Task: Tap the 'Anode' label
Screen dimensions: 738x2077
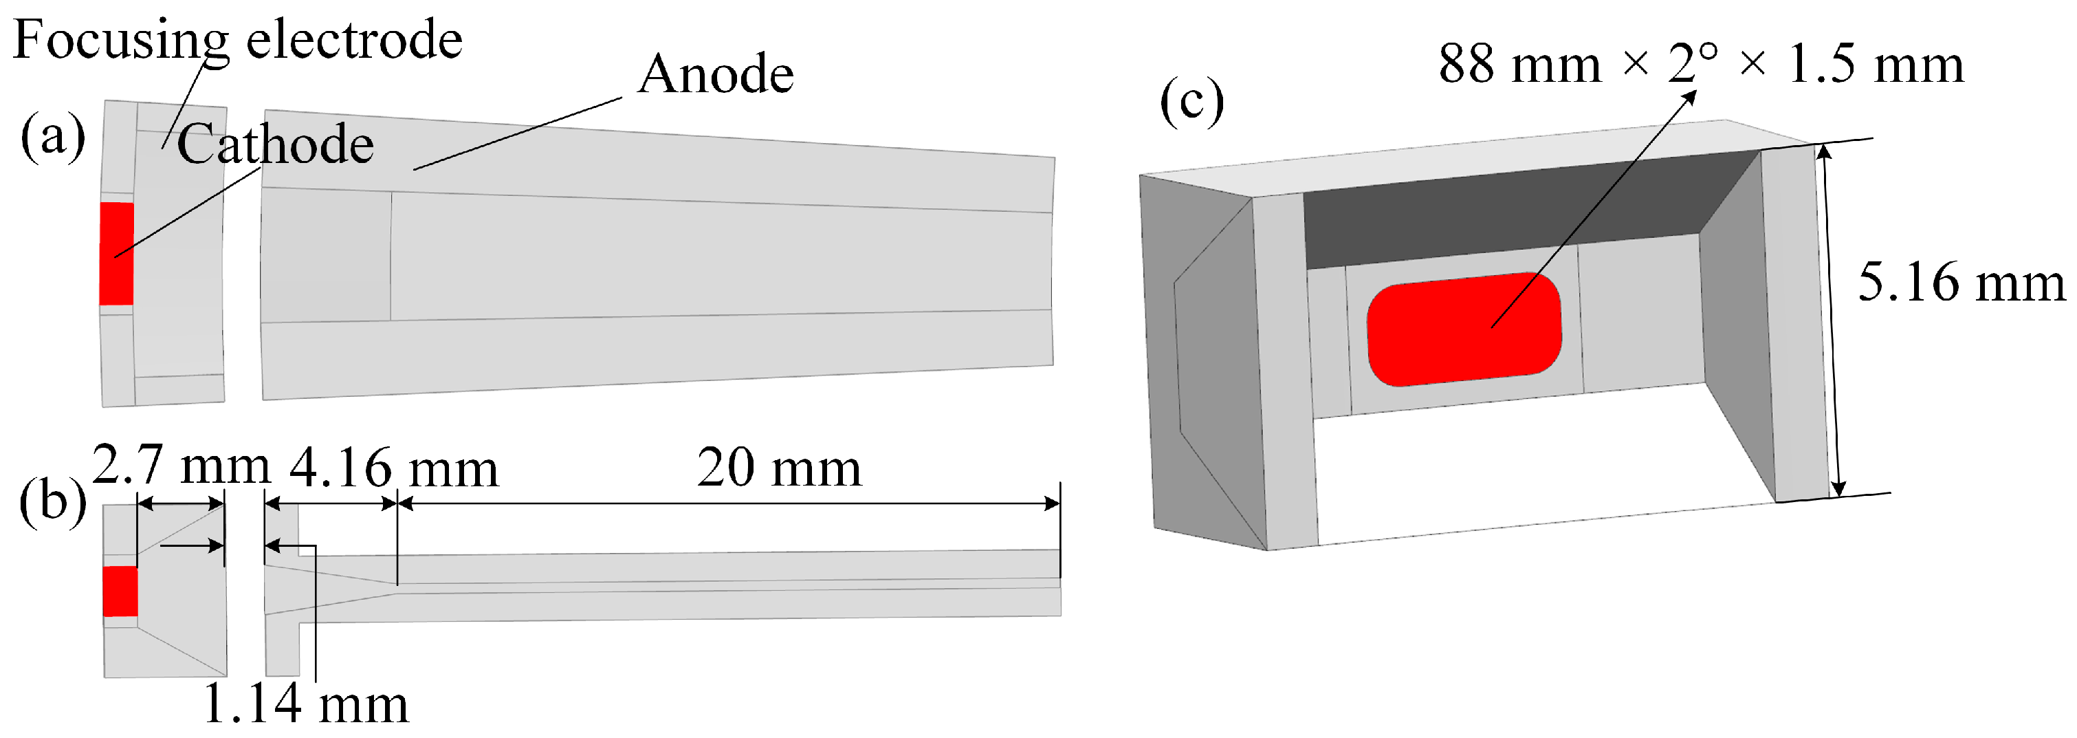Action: (x=715, y=74)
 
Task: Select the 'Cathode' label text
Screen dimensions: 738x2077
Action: (x=275, y=144)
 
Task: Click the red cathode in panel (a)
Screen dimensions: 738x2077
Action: (x=116, y=253)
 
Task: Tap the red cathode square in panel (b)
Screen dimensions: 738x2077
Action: (x=120, y=592)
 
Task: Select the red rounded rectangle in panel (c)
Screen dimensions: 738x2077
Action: (x=1464, y=329)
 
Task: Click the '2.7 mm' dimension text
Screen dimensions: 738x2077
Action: (x=181, y=466)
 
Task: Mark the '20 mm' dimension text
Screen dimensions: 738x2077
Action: (x=779, y=467)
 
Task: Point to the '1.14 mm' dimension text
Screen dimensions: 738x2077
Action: (x=305, y=704)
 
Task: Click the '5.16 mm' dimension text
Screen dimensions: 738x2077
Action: (x=1961, y=283)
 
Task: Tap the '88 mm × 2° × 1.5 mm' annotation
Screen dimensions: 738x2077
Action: (x=1700, y=64)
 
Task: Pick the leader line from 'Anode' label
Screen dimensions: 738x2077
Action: (x=516, y=134)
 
